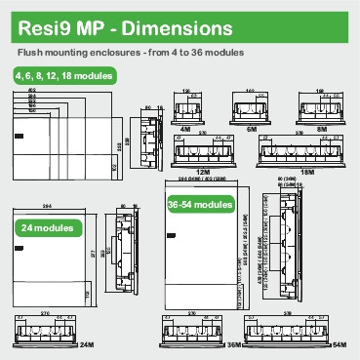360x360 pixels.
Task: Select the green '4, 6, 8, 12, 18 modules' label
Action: click(64, 75)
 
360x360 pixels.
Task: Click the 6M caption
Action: click(252, 126)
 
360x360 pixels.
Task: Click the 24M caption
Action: click(87, 346)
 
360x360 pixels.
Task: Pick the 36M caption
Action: click(234, 346)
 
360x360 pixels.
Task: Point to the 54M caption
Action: click(340, 346)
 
